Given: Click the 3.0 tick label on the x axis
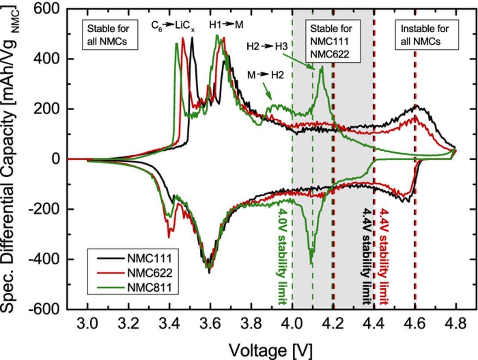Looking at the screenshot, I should [x=87, y=323].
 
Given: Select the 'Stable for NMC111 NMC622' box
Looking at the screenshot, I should [x=331, y=41].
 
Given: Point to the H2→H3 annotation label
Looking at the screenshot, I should [x=267, y=47].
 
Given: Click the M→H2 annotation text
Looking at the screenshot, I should [x=265, y=75].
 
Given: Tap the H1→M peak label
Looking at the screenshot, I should [x=226, y=25].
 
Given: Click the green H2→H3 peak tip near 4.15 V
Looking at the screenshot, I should [x=322, y=67].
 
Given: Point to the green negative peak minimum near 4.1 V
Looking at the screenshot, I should [x=311, y=264].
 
